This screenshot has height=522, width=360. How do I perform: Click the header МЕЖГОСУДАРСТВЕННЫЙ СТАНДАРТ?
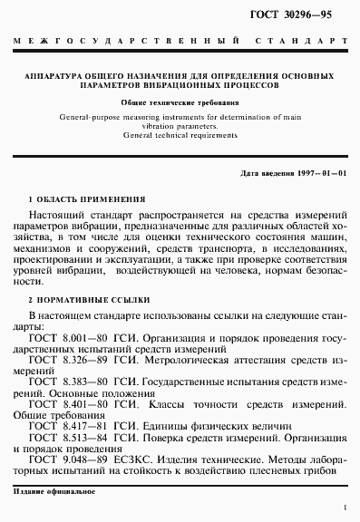pos(180,43)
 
